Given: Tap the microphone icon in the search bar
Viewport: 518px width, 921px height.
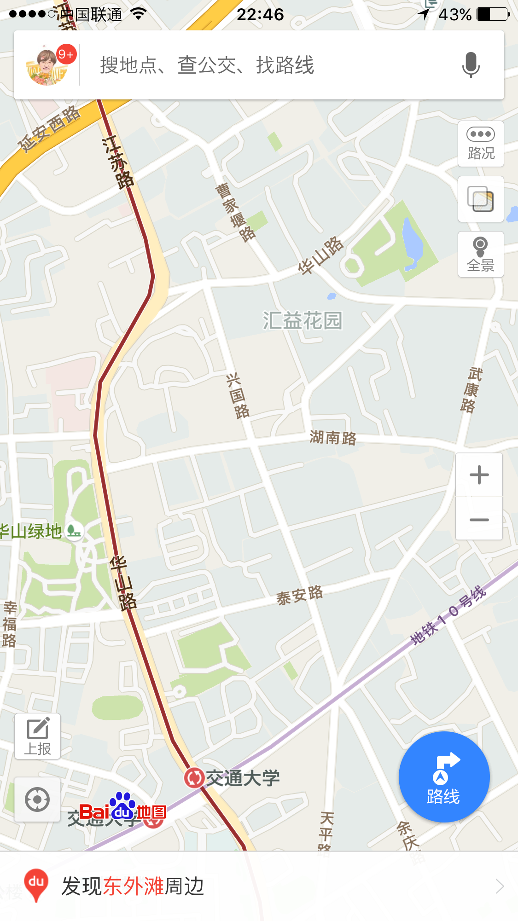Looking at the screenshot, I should pyautogui.click(x=471, y=65).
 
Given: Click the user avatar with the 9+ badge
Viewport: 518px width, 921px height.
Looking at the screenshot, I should pyautogui.click(x=47, y=65).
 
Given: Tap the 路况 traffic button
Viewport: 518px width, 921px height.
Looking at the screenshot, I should pyautogui.click(x=481, y=144).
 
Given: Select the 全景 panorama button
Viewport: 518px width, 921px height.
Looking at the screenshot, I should pyautogui.click(x=481, y=254).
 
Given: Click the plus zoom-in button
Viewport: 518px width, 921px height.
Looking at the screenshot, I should pyautogui.click(x=479, y=475).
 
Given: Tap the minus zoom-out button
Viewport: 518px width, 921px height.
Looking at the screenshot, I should pyautogui.click(x=479, y=520).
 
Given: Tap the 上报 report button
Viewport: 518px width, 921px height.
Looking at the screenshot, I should pyautogui.click(x=37, y=736).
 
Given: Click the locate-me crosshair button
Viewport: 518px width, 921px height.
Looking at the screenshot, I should pyautogui.click(x=37, y=799).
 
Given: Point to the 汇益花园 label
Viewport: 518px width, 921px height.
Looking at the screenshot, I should pyautogui.click(x=303, y=320).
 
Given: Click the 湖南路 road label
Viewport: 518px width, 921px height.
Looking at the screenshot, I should pyautogui.click(x=333, y=437).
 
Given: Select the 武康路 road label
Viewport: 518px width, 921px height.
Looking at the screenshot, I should pyautogui.click(x=471, y=389).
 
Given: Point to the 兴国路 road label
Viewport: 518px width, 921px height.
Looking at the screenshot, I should pyautogui.click(x=238, y=396).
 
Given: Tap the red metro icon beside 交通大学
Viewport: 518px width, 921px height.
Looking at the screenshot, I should pyautogui.click(x=194, y=778).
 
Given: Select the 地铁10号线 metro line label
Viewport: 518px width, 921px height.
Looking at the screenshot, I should pyautogui.click(x=448, y=615).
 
